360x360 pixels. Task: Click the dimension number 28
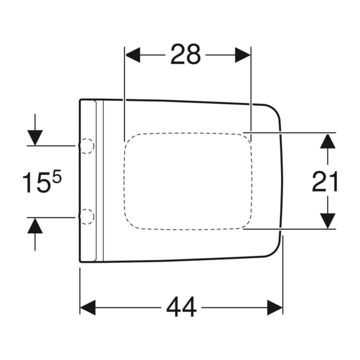click(x=186, y=54)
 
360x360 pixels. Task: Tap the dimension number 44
click(x=181, y=307)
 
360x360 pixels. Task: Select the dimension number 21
click(x=324, y=181)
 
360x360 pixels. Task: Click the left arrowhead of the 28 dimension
click(x=133, y=55)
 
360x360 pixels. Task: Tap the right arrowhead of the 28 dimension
click(x=243, y=55)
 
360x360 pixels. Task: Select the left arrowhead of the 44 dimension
click(x=88, y=307)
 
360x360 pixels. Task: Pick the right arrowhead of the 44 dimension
click(x=275, y=307)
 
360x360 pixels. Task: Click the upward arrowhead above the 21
click(x=328, y=141)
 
